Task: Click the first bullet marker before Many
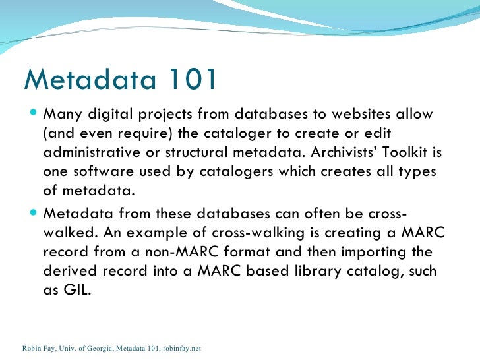pos(34,114)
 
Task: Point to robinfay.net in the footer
pos(180,347)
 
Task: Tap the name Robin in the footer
pos(32,347)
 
